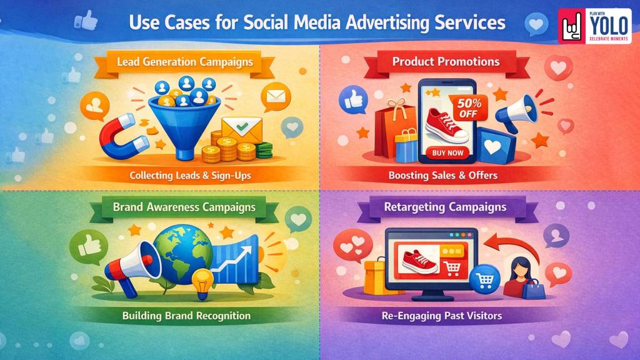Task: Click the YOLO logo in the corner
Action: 596,26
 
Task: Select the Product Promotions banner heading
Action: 446,62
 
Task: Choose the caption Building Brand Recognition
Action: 186,316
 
